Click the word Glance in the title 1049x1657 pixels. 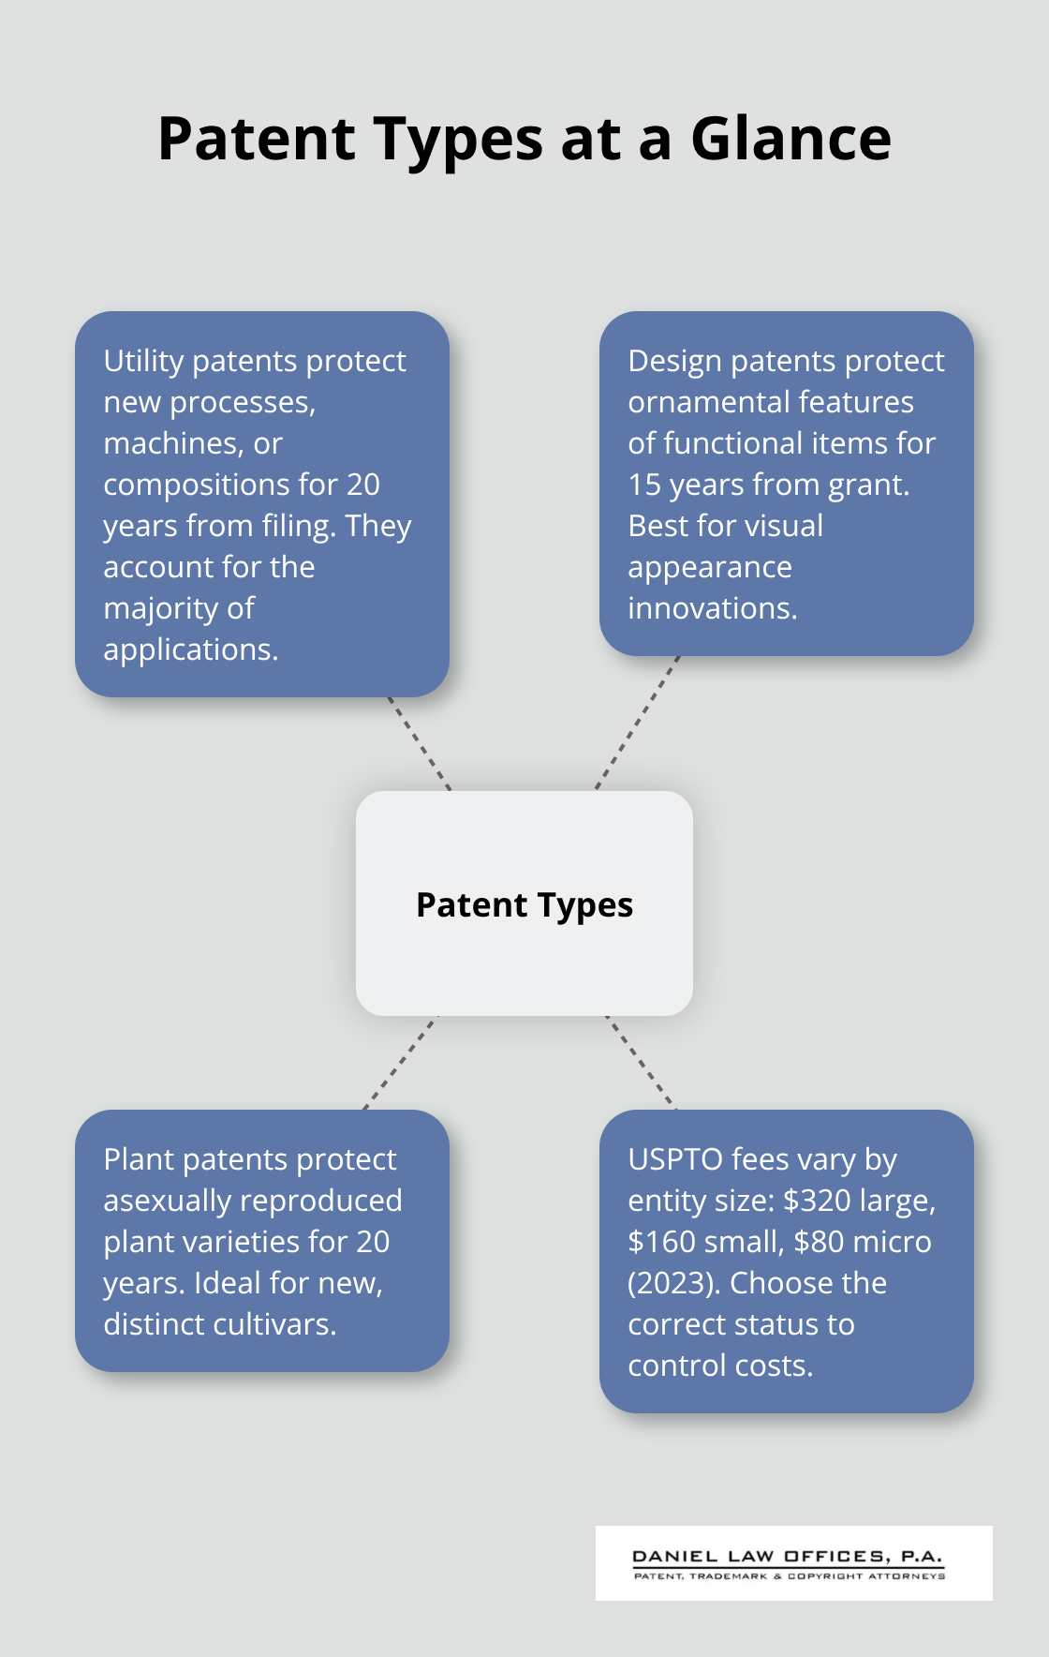(x=790, y=139)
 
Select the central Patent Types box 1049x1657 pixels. (x=524, y=903)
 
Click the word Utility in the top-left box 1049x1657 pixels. (x=143, y=361)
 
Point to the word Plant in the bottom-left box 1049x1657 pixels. (x=138, y=1159)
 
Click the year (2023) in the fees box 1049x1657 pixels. (x=673, y=1283)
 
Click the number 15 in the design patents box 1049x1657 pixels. (x=644, y=485)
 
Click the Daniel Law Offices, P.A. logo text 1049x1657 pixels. (x=787, y=1557)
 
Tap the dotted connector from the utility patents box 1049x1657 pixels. (x=420, y=743)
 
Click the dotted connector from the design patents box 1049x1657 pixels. (x=637, y=723)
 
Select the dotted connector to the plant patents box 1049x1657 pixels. (x=400, y=1063)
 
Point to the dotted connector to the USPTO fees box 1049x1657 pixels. (x=641, y=1063)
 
